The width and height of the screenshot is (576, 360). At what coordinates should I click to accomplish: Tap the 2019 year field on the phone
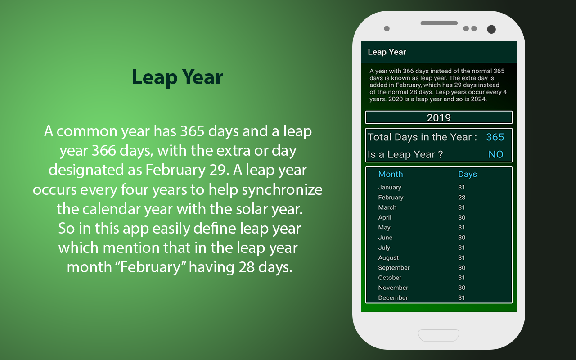[x=439, y=117]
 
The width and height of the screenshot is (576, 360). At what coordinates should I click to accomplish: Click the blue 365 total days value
[x=495, y=137]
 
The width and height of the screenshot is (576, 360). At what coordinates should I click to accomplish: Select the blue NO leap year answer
[x=496, y=154]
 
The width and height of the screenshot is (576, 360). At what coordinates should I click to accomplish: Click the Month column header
[x=391, y=174]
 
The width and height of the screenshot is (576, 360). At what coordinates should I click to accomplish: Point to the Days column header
[x=468, y=174]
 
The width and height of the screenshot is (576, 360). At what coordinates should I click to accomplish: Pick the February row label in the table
[x=391, y=198]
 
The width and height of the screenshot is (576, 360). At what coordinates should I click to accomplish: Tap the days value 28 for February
[x=462, y=197]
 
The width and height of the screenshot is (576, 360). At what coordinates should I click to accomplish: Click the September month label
[x=394, y=268]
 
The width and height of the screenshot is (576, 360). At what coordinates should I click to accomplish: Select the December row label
[x=393, y=297]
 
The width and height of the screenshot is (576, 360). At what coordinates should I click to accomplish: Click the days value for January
[x=461, y=187]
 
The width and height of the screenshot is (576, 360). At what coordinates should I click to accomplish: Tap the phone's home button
[x=439, y=335]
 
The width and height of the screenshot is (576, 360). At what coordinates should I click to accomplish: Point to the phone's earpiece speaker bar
[x=439, y=23]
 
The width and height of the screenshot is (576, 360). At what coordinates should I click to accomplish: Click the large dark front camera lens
[x=491, y=29]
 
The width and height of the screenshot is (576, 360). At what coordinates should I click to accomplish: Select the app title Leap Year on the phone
[x=387, y=52]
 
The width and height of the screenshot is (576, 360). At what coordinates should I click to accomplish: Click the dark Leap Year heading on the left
[x=177, y=77]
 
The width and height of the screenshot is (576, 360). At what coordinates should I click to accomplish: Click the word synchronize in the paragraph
[x=282, y=190]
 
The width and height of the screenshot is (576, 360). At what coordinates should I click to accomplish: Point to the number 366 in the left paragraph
[x=103, y=150]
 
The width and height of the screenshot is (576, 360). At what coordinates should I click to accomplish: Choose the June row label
[x=385, y=237]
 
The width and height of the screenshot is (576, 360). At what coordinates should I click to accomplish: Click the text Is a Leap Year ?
[x=405, y=154]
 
